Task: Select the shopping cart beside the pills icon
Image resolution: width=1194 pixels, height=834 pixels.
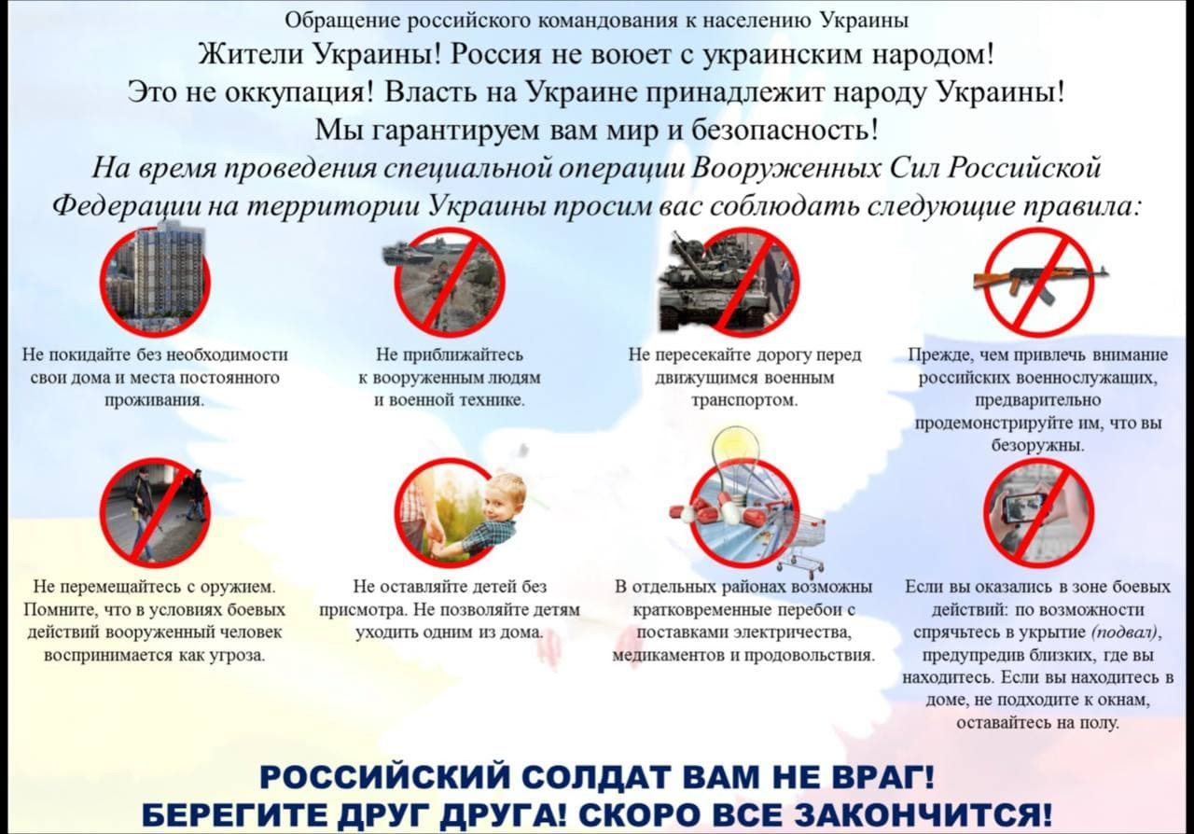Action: coord(799,544)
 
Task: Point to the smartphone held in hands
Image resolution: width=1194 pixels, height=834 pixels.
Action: coord(1024,507)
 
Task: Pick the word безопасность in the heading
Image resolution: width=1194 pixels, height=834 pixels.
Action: coord(784,130)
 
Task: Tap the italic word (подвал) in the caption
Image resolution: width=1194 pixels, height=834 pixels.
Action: coord(1127,632)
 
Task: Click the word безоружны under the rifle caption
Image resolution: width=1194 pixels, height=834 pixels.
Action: coord(1038,446)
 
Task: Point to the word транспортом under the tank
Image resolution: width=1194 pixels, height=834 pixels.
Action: coord(744,400)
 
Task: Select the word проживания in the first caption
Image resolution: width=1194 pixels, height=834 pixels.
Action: coord(155,400)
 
